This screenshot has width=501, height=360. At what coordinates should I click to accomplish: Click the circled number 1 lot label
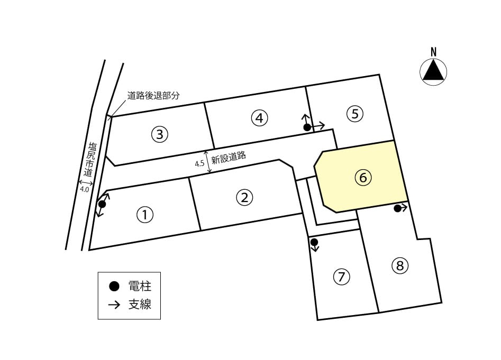coord(145,215)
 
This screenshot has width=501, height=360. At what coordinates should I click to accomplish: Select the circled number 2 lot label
coord(244,197)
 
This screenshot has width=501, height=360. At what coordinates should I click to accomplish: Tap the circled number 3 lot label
coord(159,134)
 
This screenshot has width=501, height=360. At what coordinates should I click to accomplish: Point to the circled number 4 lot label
coord(259,118)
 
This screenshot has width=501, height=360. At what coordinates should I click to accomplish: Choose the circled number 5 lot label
coord(355,114)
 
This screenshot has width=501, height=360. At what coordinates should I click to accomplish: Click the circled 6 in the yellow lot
coord(363,177)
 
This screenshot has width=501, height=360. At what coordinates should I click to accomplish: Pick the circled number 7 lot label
coord(341,276)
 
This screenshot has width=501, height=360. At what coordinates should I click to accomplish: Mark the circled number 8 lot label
coord(400,265)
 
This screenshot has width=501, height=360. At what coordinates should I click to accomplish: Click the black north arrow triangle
coord(433,71)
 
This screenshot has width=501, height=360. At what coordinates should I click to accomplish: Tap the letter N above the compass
coord(434,52)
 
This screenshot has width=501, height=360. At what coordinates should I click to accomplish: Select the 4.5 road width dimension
coord(199,164)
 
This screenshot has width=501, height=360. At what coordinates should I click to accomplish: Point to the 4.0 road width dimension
coord(84,189)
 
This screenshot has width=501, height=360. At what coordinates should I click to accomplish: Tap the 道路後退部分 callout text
coord(153,96)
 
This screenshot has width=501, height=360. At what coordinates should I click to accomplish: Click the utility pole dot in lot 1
coord(102,204)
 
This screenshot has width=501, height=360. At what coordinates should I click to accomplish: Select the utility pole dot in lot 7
coord(314,242)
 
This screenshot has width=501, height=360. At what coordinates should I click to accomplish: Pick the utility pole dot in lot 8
coord(397,208)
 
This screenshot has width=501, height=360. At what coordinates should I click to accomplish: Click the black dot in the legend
coord(114,287)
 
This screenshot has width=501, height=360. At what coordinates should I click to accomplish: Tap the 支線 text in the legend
coord(140,304)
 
